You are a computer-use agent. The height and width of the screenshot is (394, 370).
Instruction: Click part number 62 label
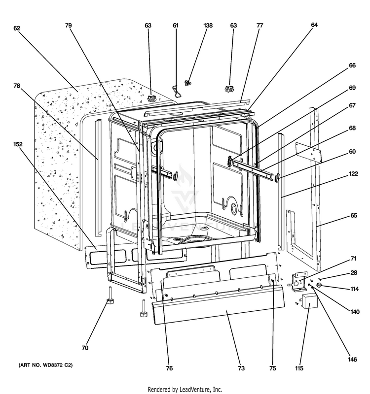coord(16,28)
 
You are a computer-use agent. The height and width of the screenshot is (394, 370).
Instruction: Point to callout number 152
coord(18,145)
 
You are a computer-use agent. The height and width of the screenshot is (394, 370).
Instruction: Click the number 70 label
coord(85,348)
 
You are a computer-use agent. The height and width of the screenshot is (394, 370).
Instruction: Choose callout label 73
coord(241,368)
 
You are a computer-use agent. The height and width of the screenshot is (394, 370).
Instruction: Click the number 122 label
coord(353,174)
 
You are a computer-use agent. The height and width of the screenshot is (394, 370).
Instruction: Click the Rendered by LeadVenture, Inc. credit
coord(185,389)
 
